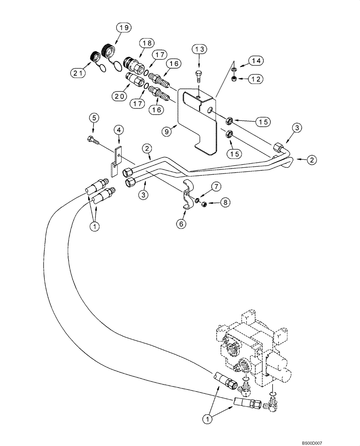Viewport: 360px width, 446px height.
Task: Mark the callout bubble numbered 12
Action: [255, 79]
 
